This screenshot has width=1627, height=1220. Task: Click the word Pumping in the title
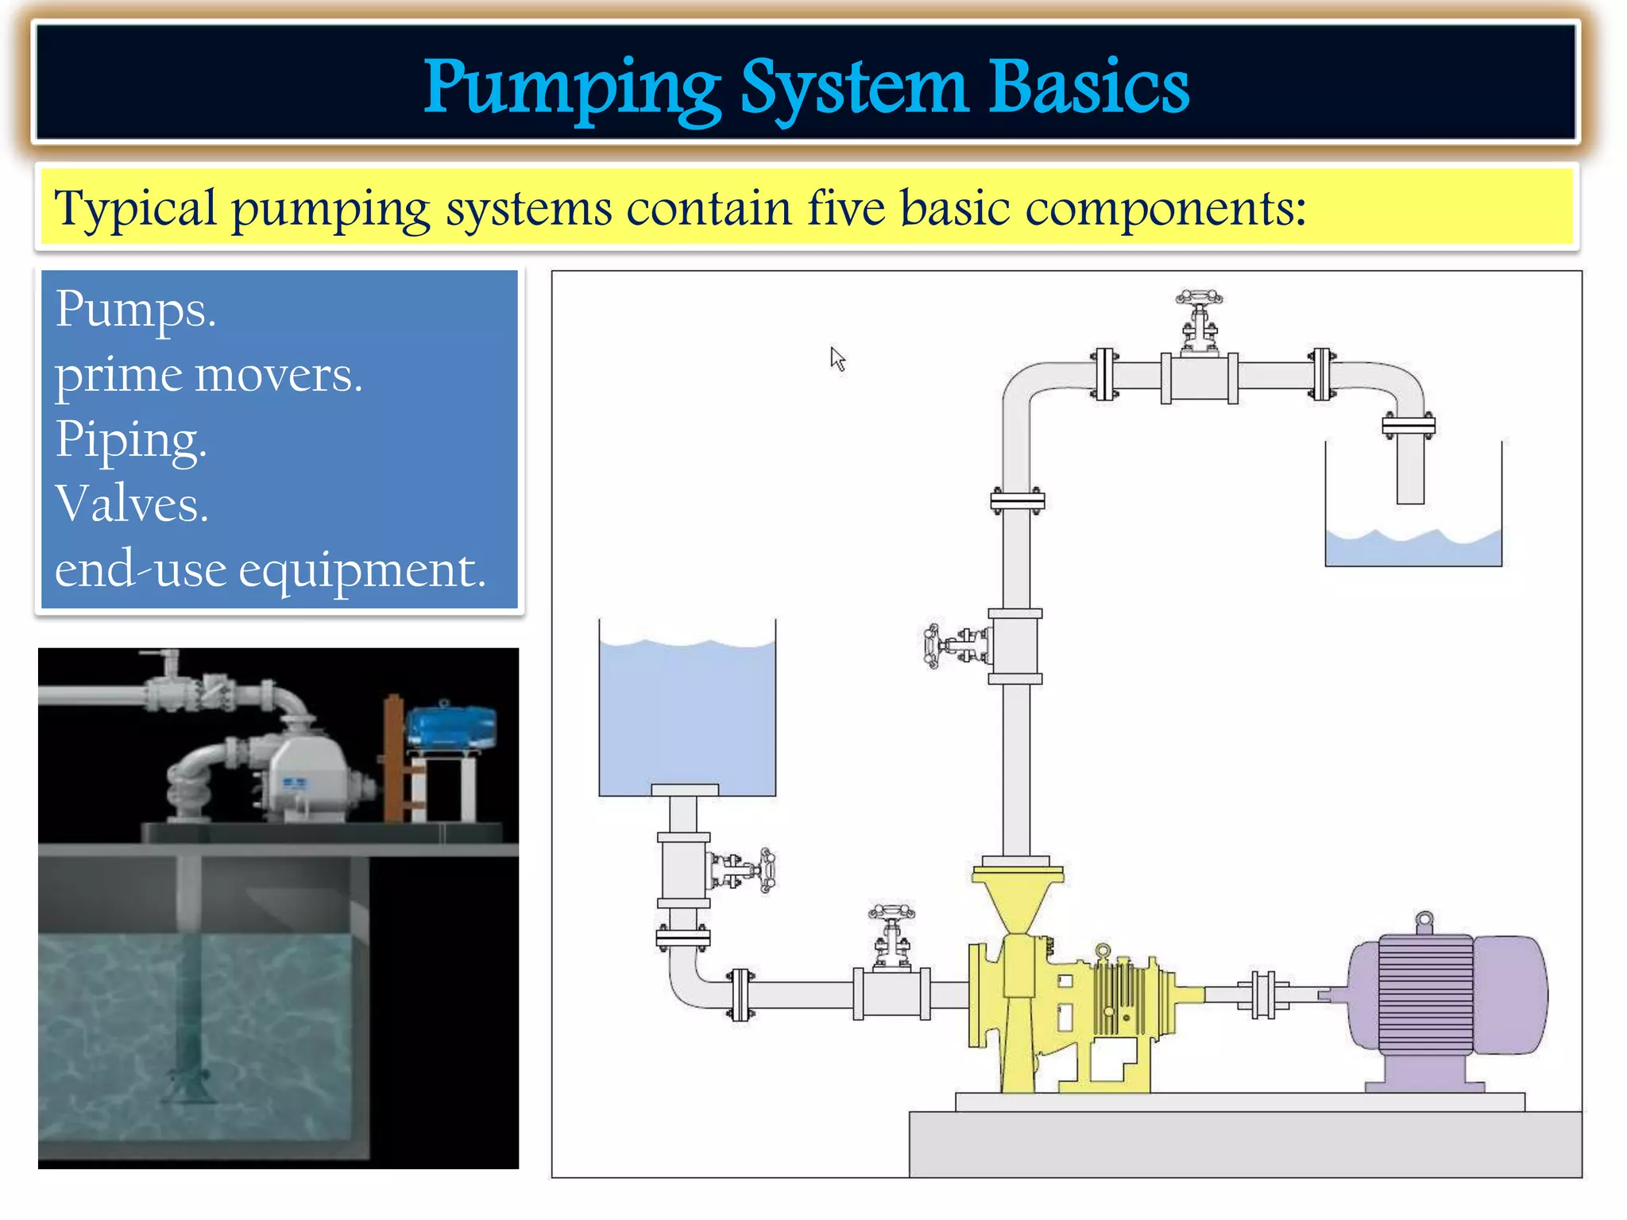tap(572, 87)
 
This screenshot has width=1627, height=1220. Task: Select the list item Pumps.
tap(135, 309)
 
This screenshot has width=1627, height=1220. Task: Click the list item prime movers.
tap(208, 374)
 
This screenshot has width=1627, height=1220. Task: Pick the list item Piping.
tap(131, 439)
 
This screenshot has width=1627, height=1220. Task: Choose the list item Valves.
tap(132, 504)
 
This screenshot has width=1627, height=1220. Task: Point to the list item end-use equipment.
tap(270, 569)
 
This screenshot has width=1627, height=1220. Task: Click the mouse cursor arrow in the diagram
tap(837, 358)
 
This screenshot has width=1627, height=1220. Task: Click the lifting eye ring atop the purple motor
tap(1425, 921)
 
